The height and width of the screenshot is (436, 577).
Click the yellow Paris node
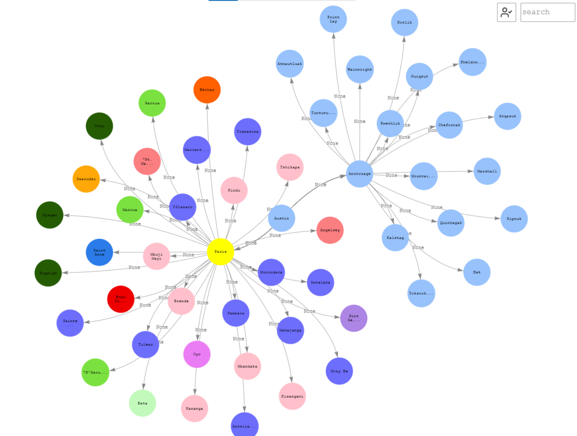point(220,252)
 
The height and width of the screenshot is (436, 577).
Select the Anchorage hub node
point(359,173)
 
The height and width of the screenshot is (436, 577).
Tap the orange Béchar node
point(207,90)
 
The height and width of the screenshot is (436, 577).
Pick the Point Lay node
point(333,19)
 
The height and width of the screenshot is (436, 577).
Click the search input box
point(547,12)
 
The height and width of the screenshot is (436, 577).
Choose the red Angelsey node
point(330,230)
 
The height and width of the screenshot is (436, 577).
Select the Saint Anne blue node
point(99,252)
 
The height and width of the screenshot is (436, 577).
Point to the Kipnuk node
point(514,219)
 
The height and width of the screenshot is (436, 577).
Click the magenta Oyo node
point(197,354)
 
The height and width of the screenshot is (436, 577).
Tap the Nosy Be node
point(339,371)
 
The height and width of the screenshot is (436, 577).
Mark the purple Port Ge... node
point(354,318)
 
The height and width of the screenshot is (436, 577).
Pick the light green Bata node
point(142,403)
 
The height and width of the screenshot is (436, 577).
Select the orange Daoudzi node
point(86,179)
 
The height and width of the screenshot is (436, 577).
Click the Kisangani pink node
point(292,397)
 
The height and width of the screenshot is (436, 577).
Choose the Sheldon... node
point(472,62)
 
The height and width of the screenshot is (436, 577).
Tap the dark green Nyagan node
point(50,215)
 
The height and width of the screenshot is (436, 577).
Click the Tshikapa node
point(290,167)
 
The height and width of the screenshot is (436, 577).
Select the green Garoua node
point(152,103)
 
